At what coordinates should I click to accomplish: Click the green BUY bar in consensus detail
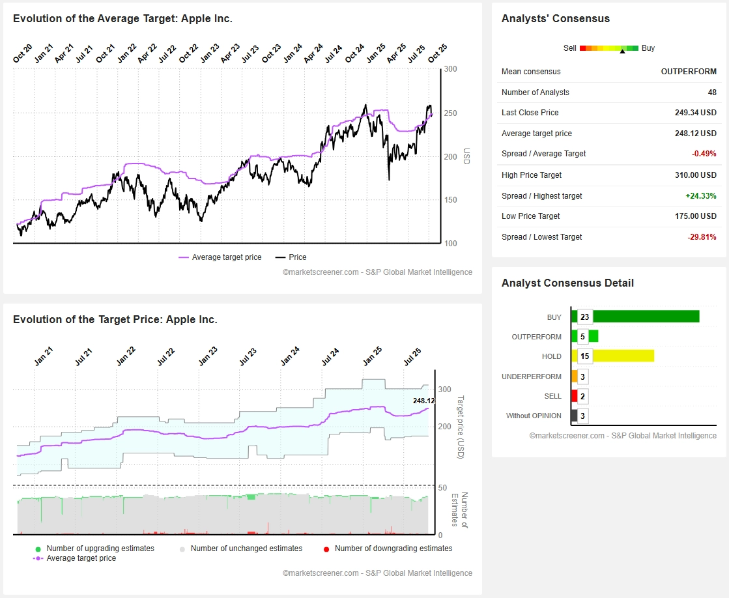[645, 317]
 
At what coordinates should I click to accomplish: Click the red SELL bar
[574, 396]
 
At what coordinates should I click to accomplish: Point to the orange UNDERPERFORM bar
[574, 377]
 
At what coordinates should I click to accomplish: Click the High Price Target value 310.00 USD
[695, 175]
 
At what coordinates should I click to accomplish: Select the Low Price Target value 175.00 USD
[695, 216]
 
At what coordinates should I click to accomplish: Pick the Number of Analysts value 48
[711, 93]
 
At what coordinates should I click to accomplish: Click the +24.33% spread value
[700, 196]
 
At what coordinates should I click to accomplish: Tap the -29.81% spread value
[702, 237]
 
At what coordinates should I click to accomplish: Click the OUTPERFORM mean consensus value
[689, 72]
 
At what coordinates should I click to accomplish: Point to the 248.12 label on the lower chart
[423, 401]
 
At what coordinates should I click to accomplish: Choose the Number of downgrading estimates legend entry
[393, 548]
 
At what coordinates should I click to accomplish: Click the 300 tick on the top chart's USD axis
[450, 69]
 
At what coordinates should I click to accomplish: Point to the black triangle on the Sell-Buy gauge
[622, 51]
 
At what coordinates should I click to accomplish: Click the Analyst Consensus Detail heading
[567, 283]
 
